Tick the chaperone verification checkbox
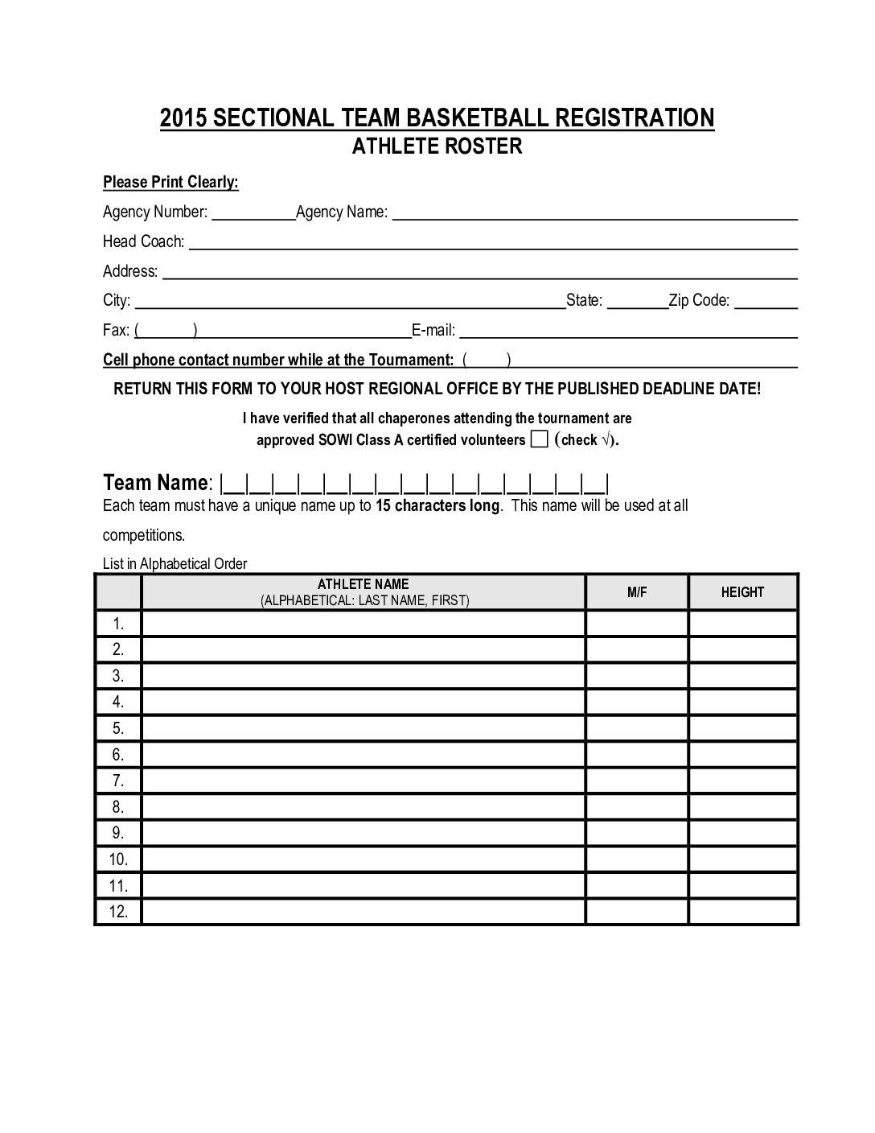[x=540, y=439]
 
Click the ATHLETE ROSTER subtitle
[x=437, y=146]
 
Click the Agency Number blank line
[x=253, y=213]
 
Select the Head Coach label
[x=143, y=241]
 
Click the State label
[x=585, y=301]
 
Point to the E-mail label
[x=433, y=330]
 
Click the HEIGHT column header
[x=742, y=592]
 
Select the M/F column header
[x=637, y=592]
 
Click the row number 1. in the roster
[x=118, y=624]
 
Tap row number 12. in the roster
[x=118, y=912]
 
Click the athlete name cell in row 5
[x=364, y=728]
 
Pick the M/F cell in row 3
[x=637, y=676]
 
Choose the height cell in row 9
[x=742, y=833]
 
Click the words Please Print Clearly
[x=170, y=183]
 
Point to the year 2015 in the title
[x=184, y=118]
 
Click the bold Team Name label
[x=156, y=483]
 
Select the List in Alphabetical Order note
[x=175, y=564]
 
